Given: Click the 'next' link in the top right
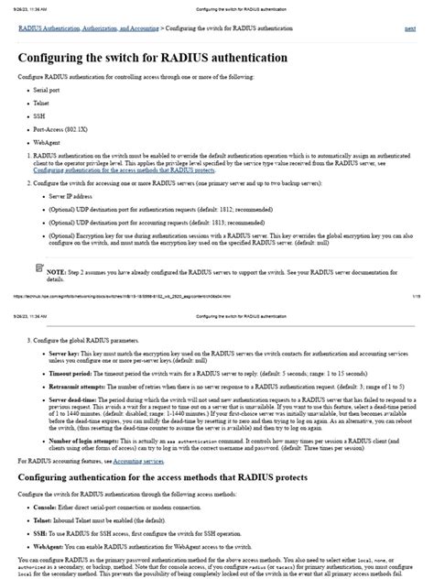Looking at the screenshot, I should (409, 29).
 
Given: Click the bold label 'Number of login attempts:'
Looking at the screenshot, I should (88, 442).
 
